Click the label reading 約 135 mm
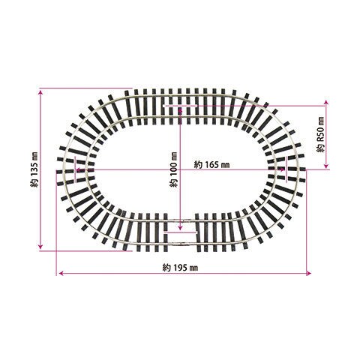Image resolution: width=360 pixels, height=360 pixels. pyautogui.click(x=34, y=169)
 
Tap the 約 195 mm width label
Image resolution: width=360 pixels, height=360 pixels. pyautogui.click(x=180, y=268)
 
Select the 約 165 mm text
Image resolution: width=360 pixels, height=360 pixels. pyautogui.click(x=211, y=165)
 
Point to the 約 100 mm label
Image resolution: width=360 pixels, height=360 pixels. pyautogui.click(x=173, y=169)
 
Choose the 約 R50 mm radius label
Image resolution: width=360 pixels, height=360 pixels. pyautogui.click(x=320, y=134)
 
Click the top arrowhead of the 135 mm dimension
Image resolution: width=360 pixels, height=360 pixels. pyautogui.click(x=40, y=92)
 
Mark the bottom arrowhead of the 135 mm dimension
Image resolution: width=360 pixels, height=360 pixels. pyautogui.click(x=40, y=247)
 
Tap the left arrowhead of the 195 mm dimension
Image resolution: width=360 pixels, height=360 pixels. pyautogui.click(x=61, y=274)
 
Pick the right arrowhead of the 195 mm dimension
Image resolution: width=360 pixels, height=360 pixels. pyautogui.click(x=308, y=274)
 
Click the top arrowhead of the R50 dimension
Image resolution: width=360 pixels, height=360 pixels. pyautogui.click(x=325, y=103)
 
